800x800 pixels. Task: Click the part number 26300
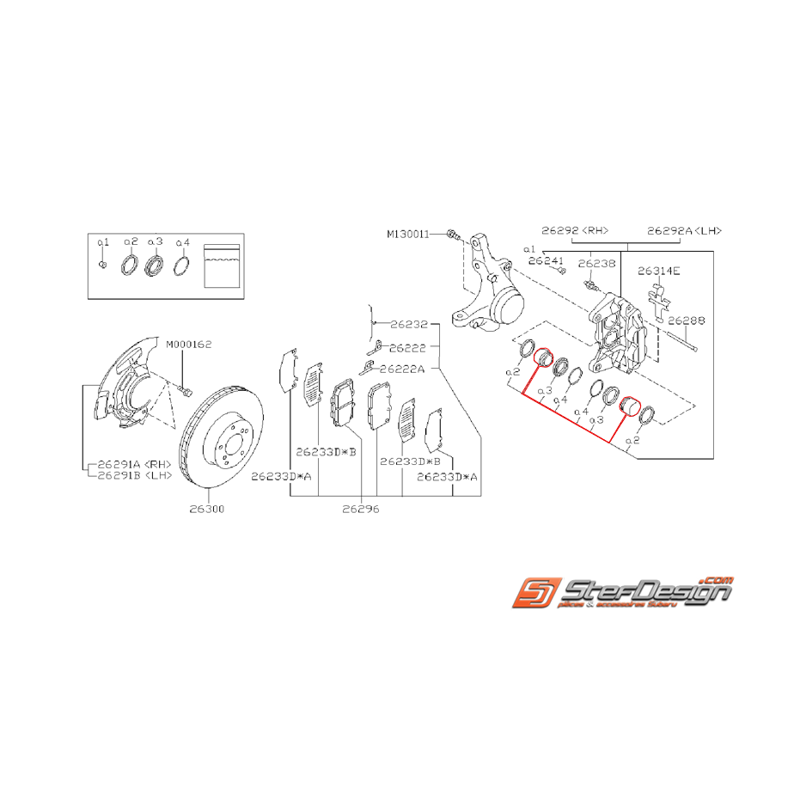coord(207,509)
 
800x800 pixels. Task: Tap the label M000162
coord(190,344)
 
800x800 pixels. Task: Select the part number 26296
coord(360,509)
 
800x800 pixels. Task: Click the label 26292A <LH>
coord(684,230)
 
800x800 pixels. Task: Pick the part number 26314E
coord(659,271)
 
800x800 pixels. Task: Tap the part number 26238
coord(596,264)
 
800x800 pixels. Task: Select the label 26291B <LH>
coord(136,475)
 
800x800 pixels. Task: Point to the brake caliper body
coord(619,331)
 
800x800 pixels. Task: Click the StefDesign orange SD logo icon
coord(534,594)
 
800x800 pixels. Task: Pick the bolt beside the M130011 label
coord(453,233)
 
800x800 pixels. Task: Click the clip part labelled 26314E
coord(659,301)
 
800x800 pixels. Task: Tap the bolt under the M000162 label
coord(186,391)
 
